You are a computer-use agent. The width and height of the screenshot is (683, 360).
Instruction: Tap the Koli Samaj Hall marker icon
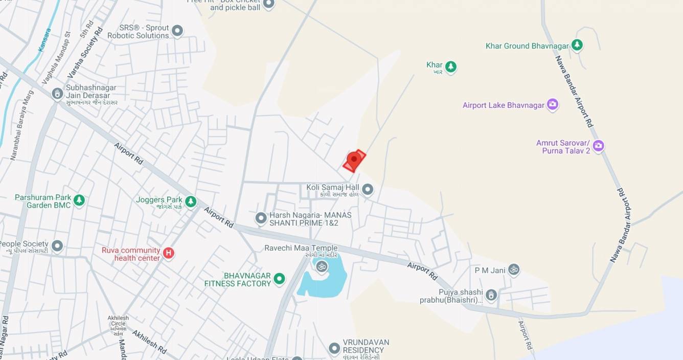point(368,190)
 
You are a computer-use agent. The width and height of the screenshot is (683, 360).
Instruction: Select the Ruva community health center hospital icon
point(168,253)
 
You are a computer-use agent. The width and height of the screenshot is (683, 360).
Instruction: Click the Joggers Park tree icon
point(191,201)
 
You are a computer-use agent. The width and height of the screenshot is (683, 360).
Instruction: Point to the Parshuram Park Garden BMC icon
point(79,200)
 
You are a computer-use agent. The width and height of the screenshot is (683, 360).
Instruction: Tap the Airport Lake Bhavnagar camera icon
point(552,105)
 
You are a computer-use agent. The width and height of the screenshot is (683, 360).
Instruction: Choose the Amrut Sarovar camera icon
point(598,146)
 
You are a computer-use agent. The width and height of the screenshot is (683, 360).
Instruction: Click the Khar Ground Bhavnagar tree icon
point(577,46)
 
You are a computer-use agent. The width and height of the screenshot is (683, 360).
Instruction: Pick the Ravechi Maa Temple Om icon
point(322,266)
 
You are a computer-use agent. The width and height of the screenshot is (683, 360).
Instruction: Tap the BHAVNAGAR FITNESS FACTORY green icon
point(279,279)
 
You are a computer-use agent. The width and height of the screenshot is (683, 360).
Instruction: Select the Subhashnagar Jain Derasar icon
point(57,94)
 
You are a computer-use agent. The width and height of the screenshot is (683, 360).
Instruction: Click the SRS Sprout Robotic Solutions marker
point(177,31)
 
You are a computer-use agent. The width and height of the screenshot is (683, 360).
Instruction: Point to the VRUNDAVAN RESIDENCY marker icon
point(334,349)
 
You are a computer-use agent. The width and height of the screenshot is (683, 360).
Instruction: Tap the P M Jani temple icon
point(513,269)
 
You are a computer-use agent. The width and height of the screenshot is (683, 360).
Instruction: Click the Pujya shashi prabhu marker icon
point(491,295)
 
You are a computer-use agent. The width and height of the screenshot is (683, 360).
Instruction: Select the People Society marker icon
point(57,246)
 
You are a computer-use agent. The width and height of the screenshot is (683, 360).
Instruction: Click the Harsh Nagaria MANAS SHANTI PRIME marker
point(261,218)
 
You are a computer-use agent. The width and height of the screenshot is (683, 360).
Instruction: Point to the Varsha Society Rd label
point(85,53)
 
